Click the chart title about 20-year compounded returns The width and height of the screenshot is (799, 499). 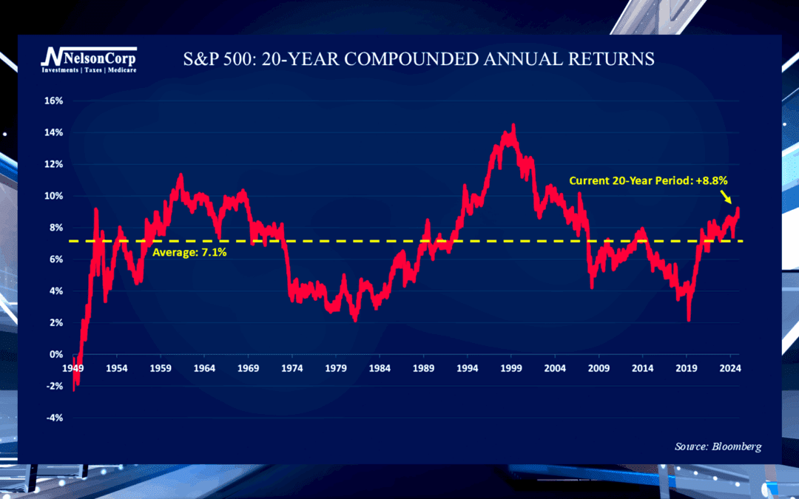click(418, 59)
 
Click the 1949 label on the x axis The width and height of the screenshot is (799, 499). click(73, 368)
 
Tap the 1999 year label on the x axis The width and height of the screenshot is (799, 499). click(510, 368)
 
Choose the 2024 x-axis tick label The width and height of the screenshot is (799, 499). click(729, 368)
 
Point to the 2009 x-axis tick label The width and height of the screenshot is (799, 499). click(598, 368)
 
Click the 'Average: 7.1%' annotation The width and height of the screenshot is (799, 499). click(189, 253)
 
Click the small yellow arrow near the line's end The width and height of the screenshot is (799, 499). click(728, 197)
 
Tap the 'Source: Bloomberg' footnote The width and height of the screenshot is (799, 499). click(718, 447)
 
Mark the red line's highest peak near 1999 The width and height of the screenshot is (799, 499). click(513, 126)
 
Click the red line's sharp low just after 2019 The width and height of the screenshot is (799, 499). click(689, 319)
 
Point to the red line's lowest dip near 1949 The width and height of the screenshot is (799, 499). click(74, 389)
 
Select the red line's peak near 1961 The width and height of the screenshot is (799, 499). click(180, 175)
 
